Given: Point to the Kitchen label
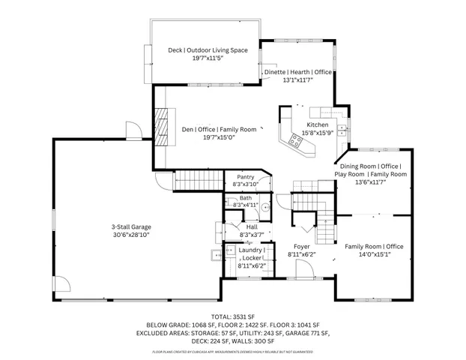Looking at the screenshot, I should coord(317,124).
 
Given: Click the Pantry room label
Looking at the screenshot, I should coord(245,177).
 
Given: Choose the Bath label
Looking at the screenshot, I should coord(246,198).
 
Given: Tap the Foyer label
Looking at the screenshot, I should coord(302,246).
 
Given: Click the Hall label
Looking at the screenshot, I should coord(252,226).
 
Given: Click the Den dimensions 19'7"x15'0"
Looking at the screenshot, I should coord(209,137).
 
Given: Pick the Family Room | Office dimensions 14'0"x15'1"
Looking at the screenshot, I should coord(373,255).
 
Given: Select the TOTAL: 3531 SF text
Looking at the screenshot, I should coord(232,316).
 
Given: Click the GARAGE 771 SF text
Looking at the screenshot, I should coord(309,332).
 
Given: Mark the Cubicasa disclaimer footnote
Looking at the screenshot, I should coord(232,352).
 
